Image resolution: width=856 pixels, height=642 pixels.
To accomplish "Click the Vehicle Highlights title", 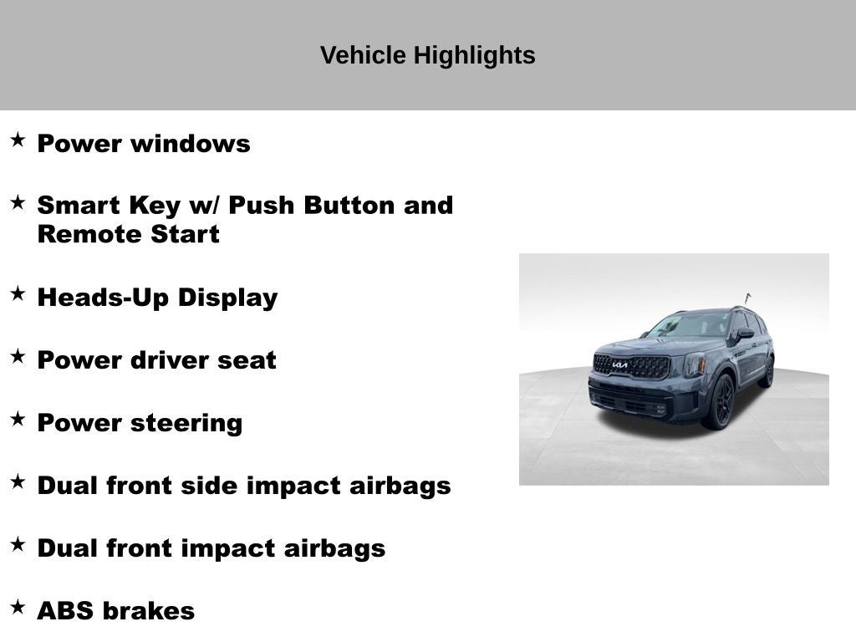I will [x=427, y=56].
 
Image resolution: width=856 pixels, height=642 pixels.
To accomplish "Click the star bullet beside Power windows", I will [x=18, y=140].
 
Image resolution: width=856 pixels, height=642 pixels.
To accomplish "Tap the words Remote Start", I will [x=128, y=234].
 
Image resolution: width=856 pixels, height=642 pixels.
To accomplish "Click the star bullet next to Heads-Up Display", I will [x=18, y=293].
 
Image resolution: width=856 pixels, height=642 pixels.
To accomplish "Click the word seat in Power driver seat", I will [x=247, y=360].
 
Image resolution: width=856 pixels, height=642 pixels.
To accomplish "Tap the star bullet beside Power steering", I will [x=18, y=419].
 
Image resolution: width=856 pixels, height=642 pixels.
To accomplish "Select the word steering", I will [x=184, y=423].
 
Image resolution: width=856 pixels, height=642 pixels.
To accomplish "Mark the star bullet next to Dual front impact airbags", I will [x=18, y=544].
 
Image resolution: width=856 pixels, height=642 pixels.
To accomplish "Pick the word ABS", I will [x=64, y=611].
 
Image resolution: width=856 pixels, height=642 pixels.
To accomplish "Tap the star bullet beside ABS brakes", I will [x=18, y=607].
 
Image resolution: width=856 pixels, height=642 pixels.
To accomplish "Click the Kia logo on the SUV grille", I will [x=619, y=364].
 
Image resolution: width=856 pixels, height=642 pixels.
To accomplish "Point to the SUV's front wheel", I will [x=721, y=401].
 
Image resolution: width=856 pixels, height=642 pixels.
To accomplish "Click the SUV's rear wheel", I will [x=767, y=372].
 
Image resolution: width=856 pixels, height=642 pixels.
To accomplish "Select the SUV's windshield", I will [x=692, y=325].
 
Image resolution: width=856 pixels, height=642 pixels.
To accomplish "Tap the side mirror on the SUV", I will [x=744, y=334].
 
